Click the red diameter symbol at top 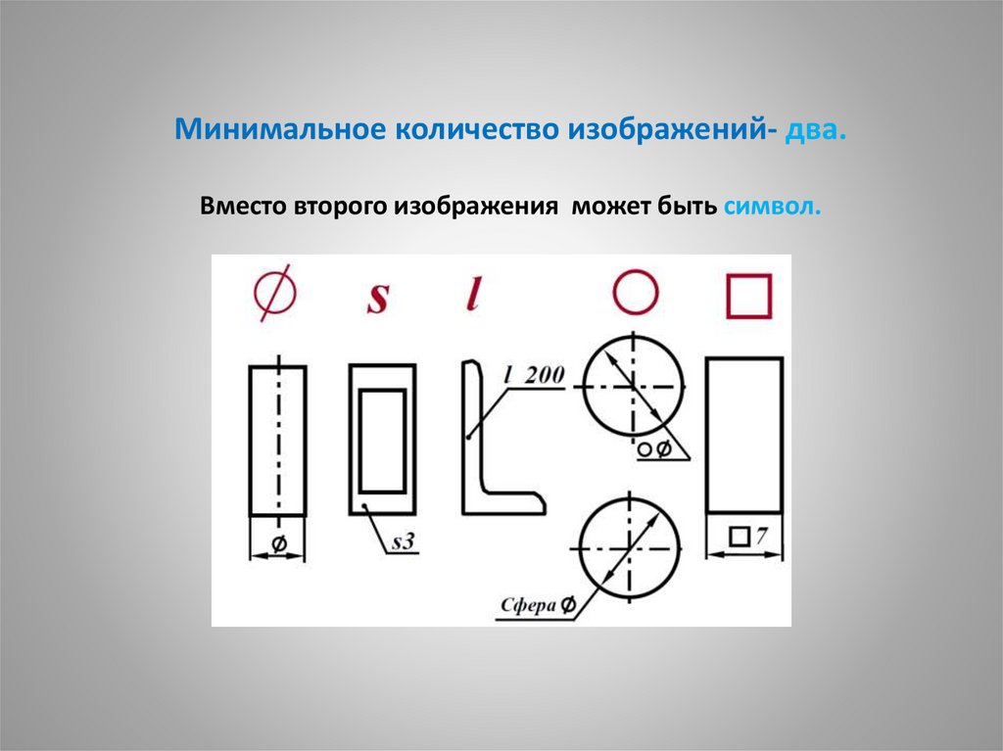[x=275, y=293]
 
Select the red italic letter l [x=473, y=294]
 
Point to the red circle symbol [x=635, y=293]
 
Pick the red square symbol [x=748, y=296]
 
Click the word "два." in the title [x=816, y=130]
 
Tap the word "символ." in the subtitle [x=772, y=207]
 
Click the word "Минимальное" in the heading [x=280, y=129]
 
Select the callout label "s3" [x=403, y=541]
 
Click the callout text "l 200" [x=534, y=374]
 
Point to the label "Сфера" [x=528, y=605]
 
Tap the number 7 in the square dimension [x=760, y=536]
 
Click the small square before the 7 [x=740, y=537]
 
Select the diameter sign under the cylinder [x=279, y=543]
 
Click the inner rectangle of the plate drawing [x=383, y=441]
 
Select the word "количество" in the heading [x=477, y=130]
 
